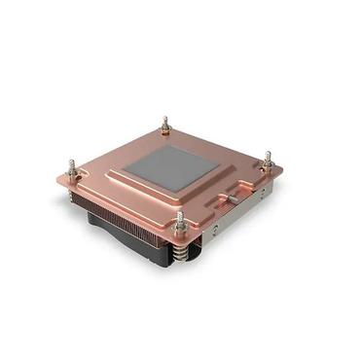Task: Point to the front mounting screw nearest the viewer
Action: click(x=180, y=223)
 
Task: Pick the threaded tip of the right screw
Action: click(x=268, y=154)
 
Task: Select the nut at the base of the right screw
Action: click(x=267, y=169)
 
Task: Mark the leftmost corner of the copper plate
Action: click(x=56, y=178)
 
